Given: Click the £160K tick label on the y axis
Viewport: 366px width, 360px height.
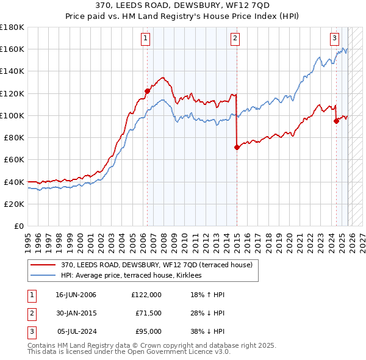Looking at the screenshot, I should pos(12,49).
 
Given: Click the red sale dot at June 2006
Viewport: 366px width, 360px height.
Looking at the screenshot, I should pos(147,91).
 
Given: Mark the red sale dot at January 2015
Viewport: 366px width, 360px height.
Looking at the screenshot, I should pos(237,147).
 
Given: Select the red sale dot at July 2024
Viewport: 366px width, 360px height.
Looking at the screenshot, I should pos(336,121).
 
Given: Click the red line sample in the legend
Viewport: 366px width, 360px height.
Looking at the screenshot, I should pos(43,265).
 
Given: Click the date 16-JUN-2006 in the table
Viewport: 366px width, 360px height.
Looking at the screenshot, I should pos(76,295).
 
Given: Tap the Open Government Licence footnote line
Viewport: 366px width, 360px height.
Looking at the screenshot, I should pos(129,352).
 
